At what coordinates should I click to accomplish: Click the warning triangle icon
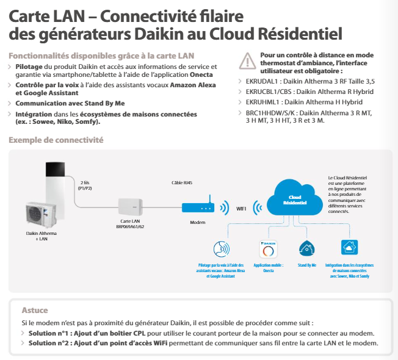coord(247,61)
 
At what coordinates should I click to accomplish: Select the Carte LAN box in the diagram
coord(131,207)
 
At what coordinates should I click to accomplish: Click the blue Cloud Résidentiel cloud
coord(295,198)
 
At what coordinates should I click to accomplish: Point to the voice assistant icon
coord(222,249)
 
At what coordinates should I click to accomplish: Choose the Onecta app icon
coord(269,249)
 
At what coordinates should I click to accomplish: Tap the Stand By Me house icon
coord(306,248)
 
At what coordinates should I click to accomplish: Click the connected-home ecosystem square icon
coord(349,247)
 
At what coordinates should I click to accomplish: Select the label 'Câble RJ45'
coord(182,182)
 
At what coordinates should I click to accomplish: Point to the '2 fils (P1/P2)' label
coord(85,185)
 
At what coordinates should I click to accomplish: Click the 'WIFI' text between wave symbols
coord(241,209)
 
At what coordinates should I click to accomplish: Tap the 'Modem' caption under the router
coord(198,222)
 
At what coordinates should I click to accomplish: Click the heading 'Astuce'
coord(35,310)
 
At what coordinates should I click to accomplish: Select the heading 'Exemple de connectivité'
coord(56,140)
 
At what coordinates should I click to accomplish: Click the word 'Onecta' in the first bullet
coord(201,74)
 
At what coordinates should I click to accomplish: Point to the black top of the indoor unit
coord(55,169)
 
